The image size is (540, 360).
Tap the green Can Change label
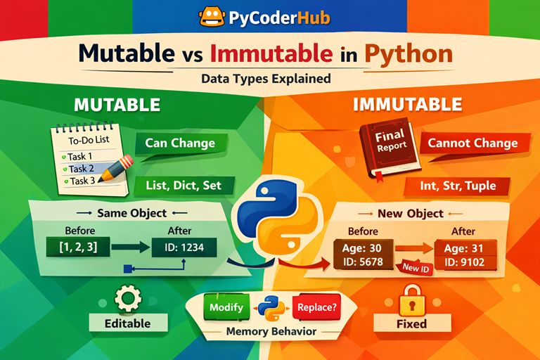[179, 143]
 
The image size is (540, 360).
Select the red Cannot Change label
[472, 143]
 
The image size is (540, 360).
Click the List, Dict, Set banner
[181, 186]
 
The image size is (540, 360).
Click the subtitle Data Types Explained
[266, 79]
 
